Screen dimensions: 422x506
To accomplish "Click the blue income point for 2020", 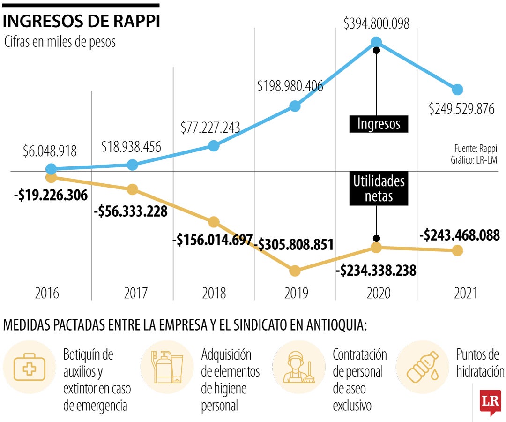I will tap(376, 42).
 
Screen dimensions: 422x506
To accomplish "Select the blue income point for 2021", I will tap(458, 90).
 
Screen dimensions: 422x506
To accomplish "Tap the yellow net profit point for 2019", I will tap(295, 271).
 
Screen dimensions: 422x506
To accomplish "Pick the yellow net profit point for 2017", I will tap(133, 189).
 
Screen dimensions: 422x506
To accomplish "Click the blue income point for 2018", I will tap(214, 146).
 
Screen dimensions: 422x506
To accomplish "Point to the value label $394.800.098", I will tap(376, 23).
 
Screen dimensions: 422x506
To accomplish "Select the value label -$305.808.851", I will tap(296, 244).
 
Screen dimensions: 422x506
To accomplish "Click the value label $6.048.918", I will tap(50, 151).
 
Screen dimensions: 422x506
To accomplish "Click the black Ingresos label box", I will tap(379, 124).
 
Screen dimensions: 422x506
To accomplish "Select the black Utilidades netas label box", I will tap(379, 188).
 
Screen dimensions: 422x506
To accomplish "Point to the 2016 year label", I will tap(47, 294).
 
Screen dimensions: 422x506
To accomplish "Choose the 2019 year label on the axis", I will tap(296, 294).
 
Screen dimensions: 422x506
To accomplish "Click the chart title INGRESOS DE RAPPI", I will tap(82, 21).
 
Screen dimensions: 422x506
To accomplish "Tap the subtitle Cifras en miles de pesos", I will tap(60, 42).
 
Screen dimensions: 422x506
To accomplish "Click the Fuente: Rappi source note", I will tap(475, 149).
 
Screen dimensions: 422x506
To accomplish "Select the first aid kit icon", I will tap(30, 367).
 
